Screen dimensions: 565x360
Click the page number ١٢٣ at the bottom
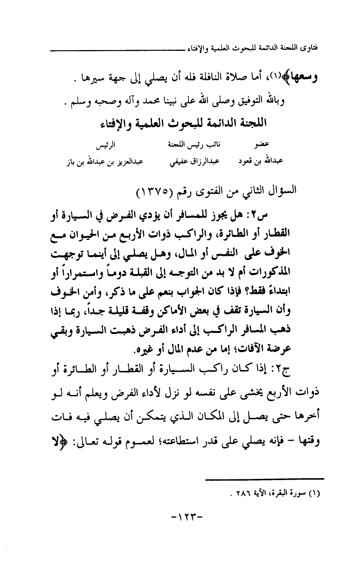click(187, 516)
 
